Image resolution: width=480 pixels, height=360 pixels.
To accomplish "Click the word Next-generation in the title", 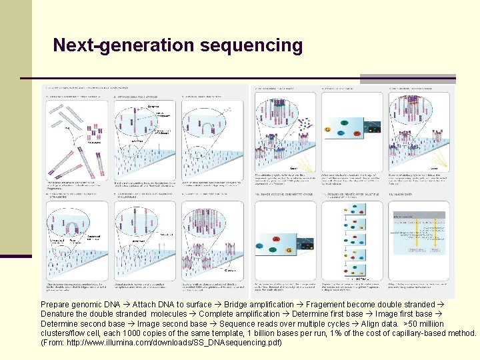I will pos(110,45).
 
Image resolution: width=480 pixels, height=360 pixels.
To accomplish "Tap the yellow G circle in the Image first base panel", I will pos(327,128).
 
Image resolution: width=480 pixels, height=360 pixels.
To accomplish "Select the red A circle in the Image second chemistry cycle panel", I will pos(275,239).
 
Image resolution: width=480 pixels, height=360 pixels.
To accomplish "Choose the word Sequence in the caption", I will pos(237,323).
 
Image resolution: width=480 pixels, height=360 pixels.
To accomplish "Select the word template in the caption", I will pos(209,333).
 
